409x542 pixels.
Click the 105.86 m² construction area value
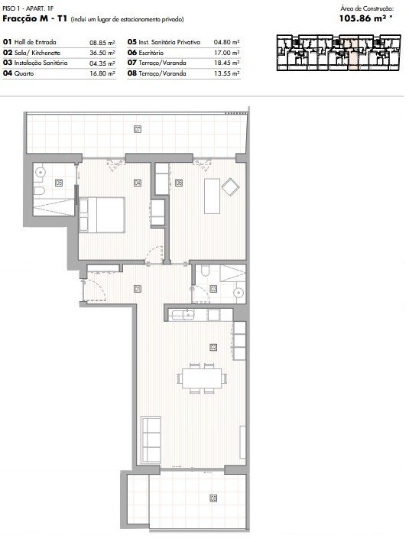(x=365, y=18)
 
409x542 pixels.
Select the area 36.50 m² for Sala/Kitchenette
(x=102, y=53)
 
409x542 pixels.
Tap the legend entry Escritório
(x=151, y=53)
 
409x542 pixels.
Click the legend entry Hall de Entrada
(x=35, y=42)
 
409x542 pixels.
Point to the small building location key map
(x=339, y=53)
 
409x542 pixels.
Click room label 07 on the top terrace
(x=138, y=130)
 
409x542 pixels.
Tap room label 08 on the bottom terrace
(x=213, y=498)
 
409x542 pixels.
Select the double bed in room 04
(x=102, y=215)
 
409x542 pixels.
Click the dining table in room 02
(x=203, y=378)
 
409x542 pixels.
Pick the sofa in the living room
(x=151, y=440)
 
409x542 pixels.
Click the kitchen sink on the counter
(x=183, y=315)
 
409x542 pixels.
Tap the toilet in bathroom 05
(x=39, y=190)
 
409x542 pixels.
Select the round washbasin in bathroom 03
(x=239, y=293)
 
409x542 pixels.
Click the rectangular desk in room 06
(x=212, y=196)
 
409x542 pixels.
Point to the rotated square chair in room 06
(x=230, y=187)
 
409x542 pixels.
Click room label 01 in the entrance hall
(x=138, y=289)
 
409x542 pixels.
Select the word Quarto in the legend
(x=24, y=73)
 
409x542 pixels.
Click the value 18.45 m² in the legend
(x=227, y=63)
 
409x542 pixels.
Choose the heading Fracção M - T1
(x=34, y=18)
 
